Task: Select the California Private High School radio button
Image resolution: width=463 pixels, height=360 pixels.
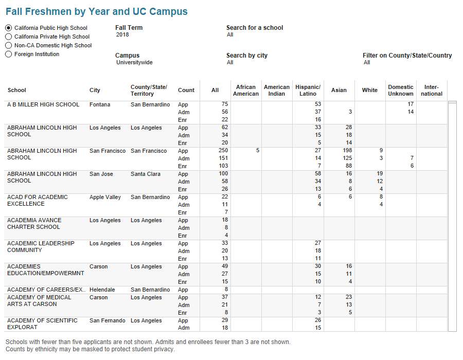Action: coord(9,37)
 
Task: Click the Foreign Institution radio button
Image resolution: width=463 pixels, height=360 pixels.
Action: coord(9,54)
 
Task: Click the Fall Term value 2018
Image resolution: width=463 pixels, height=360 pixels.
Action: coord(122,35)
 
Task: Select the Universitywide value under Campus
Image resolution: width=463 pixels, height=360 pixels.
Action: coord(134,63)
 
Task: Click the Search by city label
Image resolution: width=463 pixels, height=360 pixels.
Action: coord(247,56)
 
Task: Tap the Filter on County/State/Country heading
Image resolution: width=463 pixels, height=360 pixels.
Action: coord(407,56)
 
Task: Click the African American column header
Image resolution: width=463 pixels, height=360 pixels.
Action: coord(246,91)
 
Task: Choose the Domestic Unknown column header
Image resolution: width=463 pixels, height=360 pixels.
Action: coord(401,91)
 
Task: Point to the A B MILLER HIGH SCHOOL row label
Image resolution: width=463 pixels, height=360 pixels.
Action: coord(43,104)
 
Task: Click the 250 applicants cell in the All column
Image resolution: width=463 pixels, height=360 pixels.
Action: coord(223,151)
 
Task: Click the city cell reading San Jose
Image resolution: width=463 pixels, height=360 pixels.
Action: coord(101,174)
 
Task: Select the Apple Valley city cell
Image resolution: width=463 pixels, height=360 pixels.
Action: coord(105,197)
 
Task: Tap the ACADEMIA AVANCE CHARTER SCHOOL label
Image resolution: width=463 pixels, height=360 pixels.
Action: coord(34,224)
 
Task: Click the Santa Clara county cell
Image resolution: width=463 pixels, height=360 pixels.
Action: coord(145,174)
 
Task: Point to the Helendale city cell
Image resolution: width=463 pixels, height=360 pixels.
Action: coord(102,290)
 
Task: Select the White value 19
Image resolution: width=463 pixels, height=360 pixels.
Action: coord(379,174)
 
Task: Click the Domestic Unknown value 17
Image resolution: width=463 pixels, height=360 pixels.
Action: coord(410,104)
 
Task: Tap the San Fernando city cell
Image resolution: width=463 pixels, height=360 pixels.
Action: coord(107,320)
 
